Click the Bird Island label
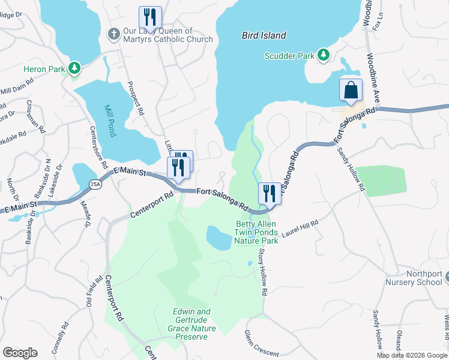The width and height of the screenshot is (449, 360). tap(264, 35)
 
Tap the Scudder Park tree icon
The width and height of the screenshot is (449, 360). tap(324, 55)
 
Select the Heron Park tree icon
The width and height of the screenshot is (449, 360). tap(74, 68)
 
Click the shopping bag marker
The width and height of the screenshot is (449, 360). tap(351, 90)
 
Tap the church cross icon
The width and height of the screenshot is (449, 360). tap(113, 35)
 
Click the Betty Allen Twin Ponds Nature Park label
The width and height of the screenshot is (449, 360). tap(256, 232)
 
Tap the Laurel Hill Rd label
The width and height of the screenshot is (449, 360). tap(300, 230)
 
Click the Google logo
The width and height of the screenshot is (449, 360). tap(20, 353)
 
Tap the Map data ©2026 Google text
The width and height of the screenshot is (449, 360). tap(411, 355)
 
